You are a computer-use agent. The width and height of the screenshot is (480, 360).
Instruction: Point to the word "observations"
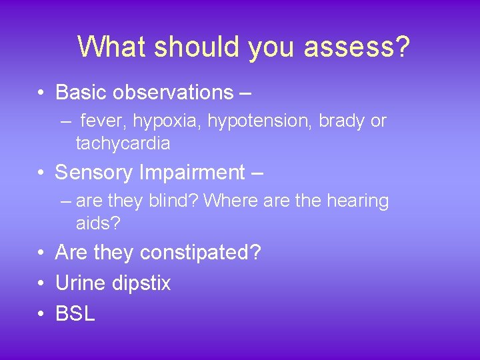tap(169, 92)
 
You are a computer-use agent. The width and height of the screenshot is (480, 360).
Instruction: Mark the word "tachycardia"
tap(123, 143)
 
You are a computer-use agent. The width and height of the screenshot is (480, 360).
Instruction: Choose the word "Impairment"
tap(192, 173)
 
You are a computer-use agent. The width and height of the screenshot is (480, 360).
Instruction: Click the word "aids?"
tap(98, 223)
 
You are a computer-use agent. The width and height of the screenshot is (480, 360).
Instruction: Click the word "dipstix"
tap(141, 283)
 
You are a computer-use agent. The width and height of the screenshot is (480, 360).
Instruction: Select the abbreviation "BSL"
tap(75, 314)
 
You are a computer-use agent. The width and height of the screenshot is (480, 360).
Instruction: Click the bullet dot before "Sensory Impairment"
tap(41, 173)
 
